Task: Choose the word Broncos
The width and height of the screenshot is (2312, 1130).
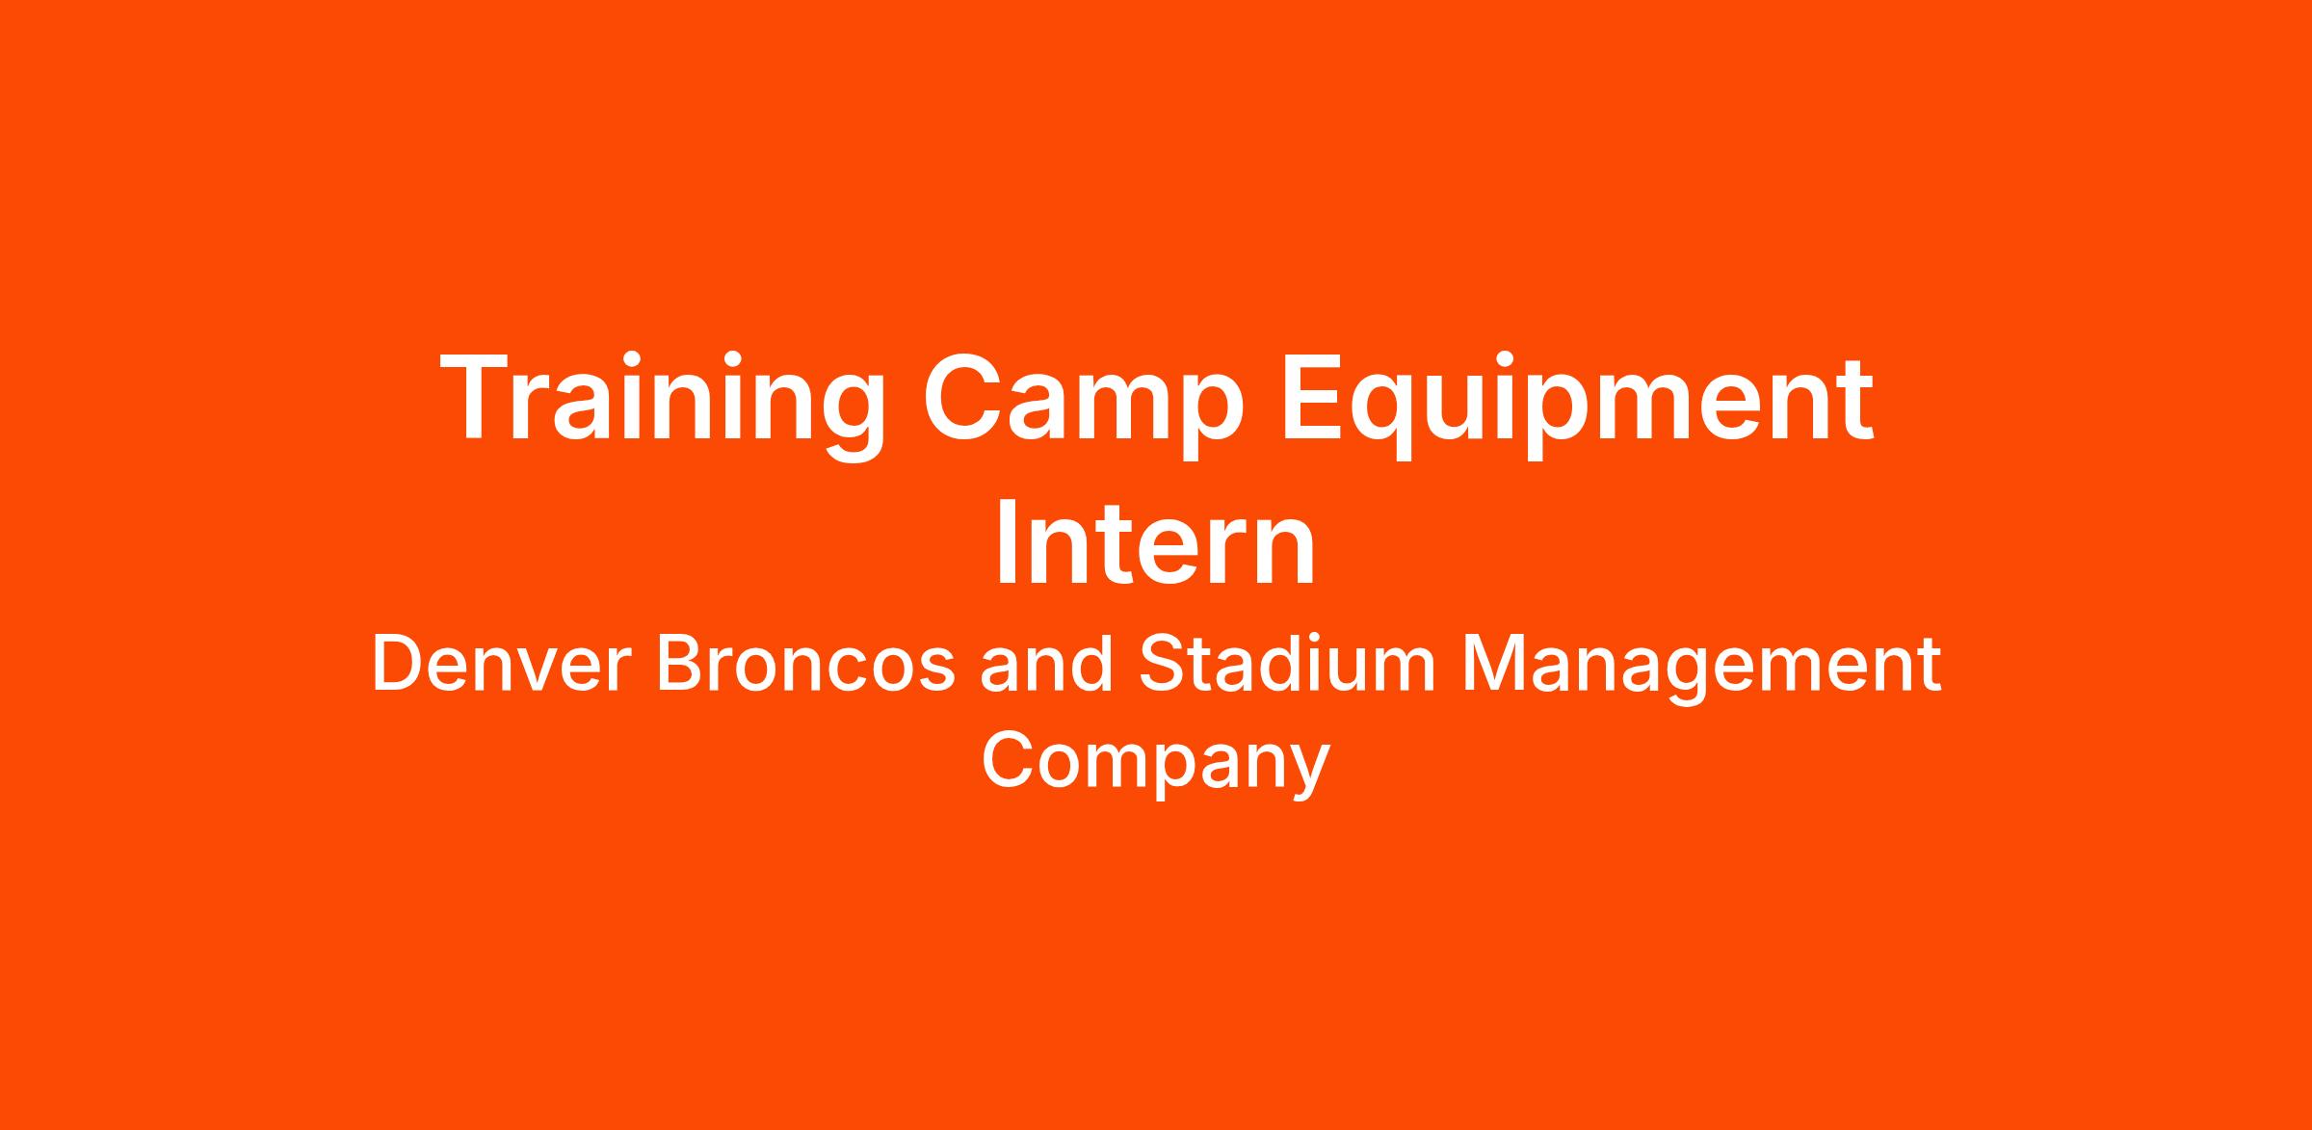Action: pyautogui.click(x=805, y=665)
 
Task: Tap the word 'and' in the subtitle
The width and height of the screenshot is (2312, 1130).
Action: pyautogui.click(x=1046, y=664)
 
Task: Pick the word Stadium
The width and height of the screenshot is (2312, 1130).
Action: pyautogui.click(x=1287, y=664)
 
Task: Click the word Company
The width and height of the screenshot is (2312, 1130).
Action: pyautogui.click(x=1156, y=764)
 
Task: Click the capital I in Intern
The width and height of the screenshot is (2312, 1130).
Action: pyautogui.click(x=1007, y=543)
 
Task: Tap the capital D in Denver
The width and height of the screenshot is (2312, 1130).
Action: pyautogui.click(x=397, y=664)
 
